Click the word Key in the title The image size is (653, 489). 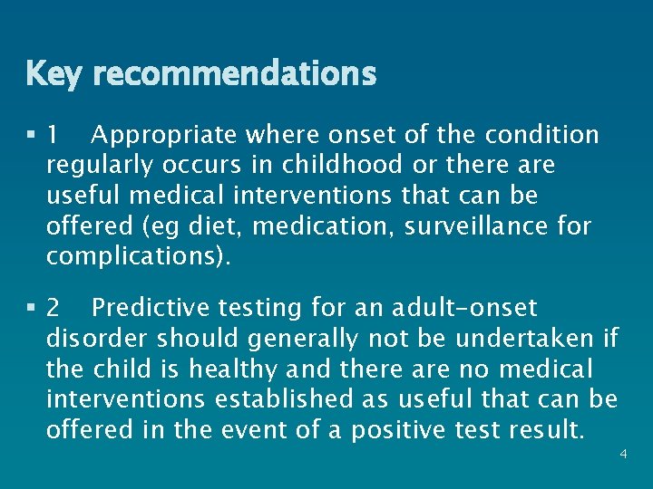(54, 73)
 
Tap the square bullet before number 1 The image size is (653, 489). (32, 136)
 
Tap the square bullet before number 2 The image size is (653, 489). (32, 309)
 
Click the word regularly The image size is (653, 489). (101, 166)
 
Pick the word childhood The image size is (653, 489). (341, 166)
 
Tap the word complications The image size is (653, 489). (135, 255)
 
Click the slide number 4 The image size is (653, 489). (623, 453)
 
